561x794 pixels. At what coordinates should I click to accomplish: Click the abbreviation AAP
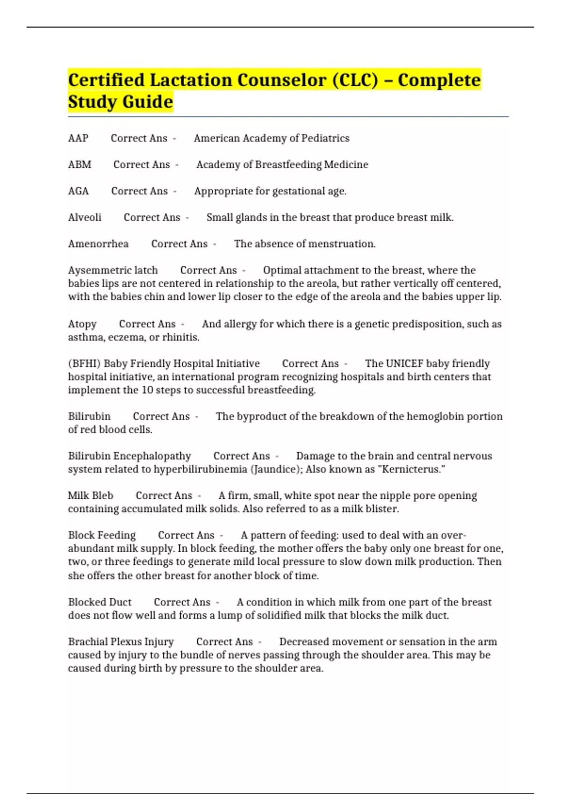(x=78, y=138)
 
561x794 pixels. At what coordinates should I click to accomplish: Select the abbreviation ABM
(x=79, y=164)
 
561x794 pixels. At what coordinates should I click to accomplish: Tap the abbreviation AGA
(x=78, y=191)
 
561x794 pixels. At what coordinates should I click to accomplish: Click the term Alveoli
(x=85, y=217)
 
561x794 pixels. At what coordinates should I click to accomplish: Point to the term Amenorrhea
(x=98, y=244)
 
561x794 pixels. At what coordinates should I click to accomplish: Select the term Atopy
(x=82, y=324)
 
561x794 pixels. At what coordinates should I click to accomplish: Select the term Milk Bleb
(x=91, y=496)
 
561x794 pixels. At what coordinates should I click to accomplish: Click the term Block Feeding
(x=102, y=535)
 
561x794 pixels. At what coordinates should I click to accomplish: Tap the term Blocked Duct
(x=100, y=602)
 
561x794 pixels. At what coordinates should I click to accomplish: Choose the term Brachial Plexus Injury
(x=121, y=642)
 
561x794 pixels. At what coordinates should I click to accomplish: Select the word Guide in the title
(x=147, y=102)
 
